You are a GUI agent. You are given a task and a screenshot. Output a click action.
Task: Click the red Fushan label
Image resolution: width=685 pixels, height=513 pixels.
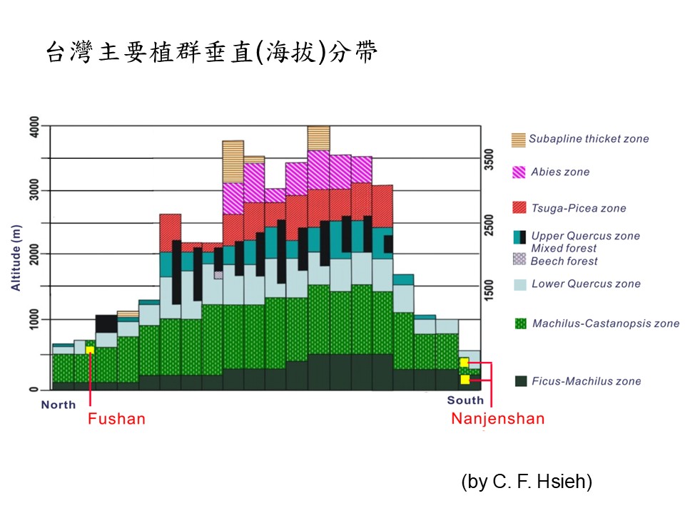(x=116, y=418)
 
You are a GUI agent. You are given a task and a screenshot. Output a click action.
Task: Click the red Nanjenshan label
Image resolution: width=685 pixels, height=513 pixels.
(x=497, y=418)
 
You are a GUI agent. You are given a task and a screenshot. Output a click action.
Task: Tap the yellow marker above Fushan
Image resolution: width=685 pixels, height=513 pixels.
(x=90, y=349)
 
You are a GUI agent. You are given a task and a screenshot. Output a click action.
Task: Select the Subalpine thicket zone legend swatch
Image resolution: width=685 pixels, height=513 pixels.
(x=519, y=140)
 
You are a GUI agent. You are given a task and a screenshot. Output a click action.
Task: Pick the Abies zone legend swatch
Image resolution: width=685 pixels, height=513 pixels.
(x=519, y=172)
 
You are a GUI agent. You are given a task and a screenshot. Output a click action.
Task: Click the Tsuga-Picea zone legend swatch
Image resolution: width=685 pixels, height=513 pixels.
(x=519, y=208)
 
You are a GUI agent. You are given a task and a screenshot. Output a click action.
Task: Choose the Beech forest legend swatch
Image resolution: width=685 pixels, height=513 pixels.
(x=519, y=259)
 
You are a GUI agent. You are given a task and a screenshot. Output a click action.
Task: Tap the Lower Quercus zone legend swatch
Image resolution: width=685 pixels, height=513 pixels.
(x=519, y=284)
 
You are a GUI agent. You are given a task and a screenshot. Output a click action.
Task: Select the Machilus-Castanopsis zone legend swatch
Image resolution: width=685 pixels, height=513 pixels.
(x=519, y=323)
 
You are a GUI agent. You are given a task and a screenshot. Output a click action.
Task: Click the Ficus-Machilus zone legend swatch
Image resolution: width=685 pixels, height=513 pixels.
(x=519, y=381)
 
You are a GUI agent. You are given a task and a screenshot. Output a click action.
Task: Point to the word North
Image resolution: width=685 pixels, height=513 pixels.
(x=59, y=405)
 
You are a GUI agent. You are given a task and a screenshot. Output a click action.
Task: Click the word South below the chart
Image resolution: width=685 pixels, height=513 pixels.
(x=465, y=400)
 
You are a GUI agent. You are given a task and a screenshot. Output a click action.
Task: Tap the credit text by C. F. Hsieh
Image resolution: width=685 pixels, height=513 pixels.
(x=527, y=482)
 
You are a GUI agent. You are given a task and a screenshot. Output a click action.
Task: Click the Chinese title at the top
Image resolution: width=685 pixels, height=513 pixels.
(x=211, y=52)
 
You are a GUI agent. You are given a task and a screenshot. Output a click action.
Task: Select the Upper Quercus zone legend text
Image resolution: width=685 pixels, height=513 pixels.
(x=585, y=236)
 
